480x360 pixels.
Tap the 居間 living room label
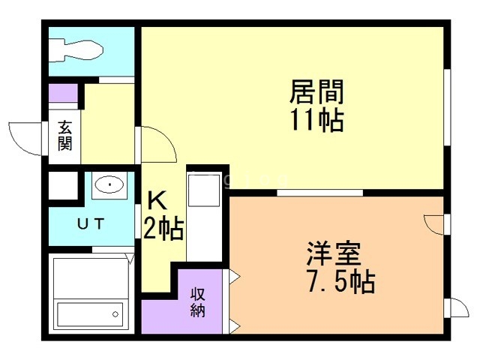click(x=316, y=93)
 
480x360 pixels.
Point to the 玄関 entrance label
click(x=65, y=135)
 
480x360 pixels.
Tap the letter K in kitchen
click(x=157, y=201)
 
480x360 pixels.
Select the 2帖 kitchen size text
click(x=163, y=229)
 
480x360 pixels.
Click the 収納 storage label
click(x=198, y=301)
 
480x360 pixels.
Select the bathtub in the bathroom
click(x=90, y=311)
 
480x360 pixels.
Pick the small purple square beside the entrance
click(x=62, y=94)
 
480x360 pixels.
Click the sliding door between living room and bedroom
click(x=319, y=193)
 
